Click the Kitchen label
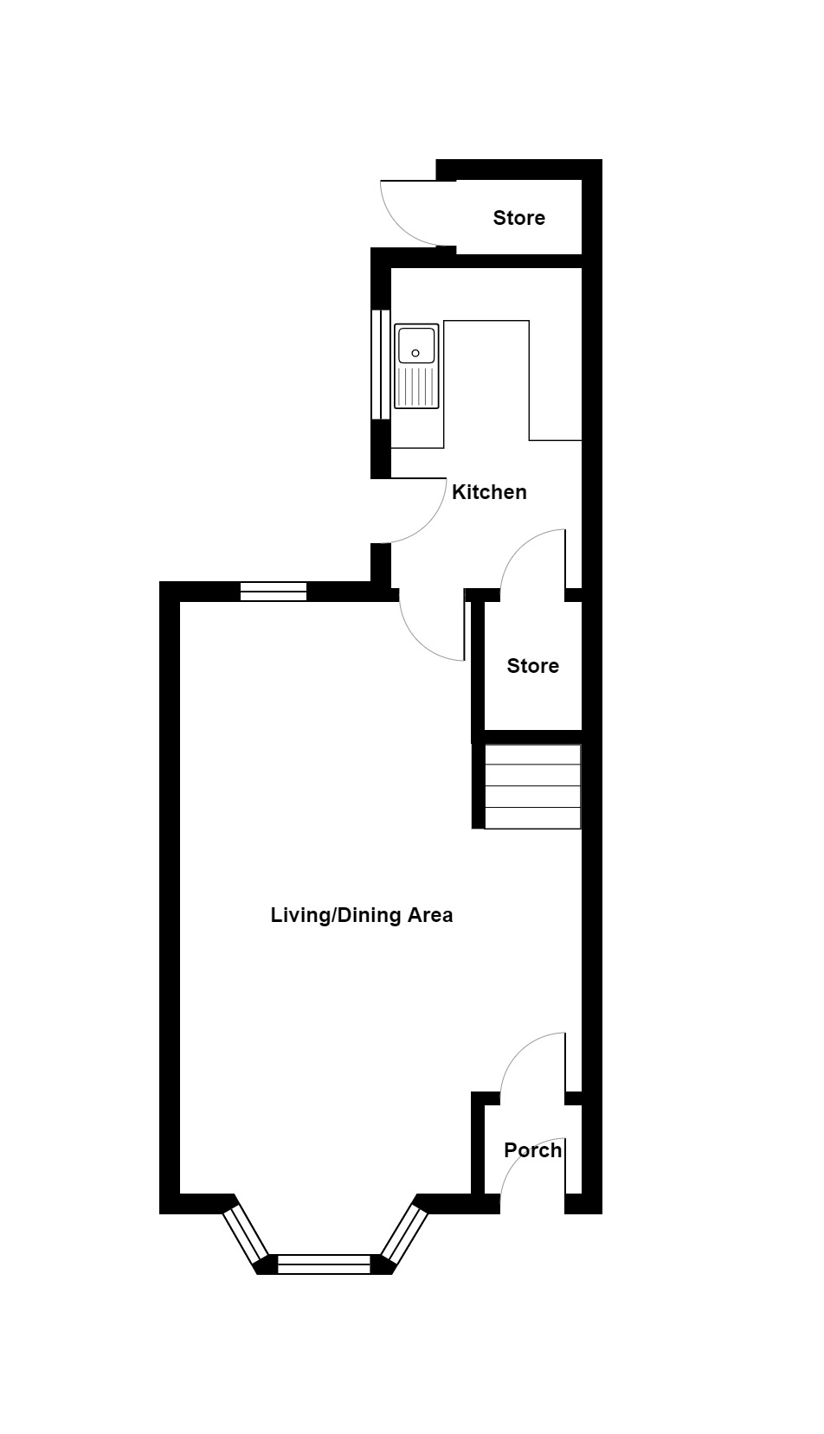point(489,492)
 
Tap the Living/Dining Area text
point(362,915)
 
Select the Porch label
point(532,1150)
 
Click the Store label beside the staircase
point(532,666)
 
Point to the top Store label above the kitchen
point(519,218)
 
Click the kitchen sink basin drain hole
point(415,353)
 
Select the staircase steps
point(532,786)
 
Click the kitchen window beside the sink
point(381,364)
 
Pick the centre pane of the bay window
point(324,1264)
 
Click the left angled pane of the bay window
point(246,1233)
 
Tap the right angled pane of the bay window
point(403,1233)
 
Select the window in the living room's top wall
point(274,592)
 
